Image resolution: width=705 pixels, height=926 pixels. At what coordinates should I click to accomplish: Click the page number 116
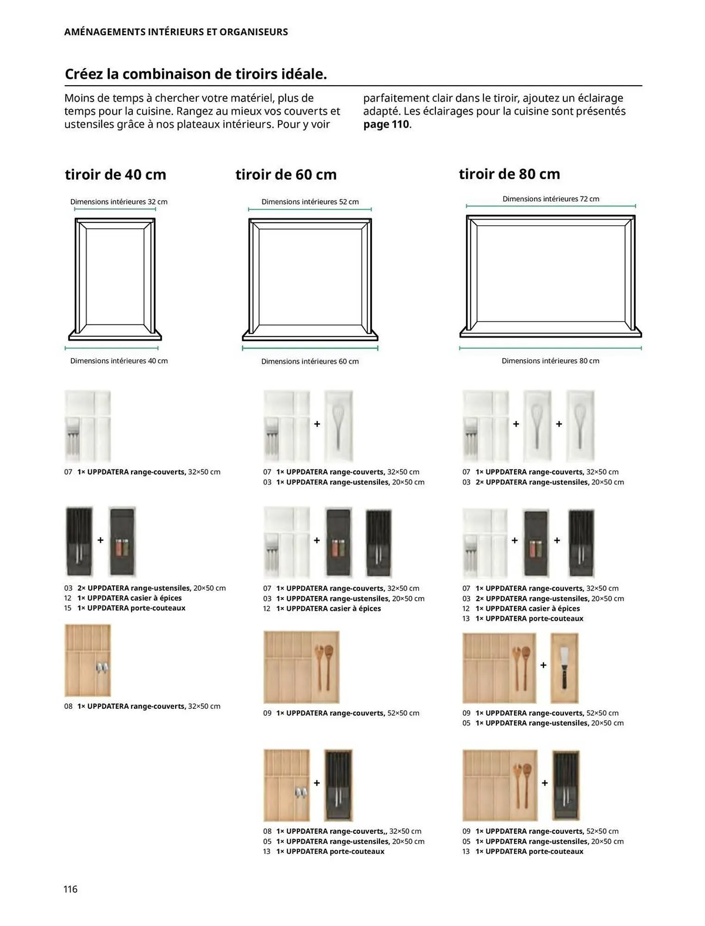tap(70, 888)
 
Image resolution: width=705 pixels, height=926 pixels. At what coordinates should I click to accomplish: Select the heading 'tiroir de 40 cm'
tap(115, 175)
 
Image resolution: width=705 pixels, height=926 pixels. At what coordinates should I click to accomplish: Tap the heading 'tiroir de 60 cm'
tap(286, 175)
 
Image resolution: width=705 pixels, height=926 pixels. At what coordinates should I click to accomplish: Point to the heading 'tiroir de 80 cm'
tap(509, 174)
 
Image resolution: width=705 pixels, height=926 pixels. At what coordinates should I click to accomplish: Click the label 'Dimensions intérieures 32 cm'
tap(119, 202)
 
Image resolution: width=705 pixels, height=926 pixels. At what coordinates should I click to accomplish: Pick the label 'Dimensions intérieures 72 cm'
tap(550, 199)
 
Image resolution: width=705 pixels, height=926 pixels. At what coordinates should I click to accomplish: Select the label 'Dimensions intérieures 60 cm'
tap(309, 361)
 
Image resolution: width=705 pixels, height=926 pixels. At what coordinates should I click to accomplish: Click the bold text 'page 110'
tap(386, 124)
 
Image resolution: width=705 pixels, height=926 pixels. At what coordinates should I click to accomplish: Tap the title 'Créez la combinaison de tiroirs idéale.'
tap(195, 74)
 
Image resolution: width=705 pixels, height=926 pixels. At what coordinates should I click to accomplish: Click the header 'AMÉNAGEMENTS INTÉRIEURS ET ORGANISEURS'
tap(176, 32)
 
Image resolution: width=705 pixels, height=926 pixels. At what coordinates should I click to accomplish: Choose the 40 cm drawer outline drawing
tap(115, 278)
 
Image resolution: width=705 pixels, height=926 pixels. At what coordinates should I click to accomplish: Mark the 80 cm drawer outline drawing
tap(550, 276)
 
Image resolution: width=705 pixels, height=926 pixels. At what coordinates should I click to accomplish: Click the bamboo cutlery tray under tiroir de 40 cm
tap(88, 660)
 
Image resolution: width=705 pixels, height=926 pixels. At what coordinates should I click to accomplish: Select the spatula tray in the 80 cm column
tap(564, 668)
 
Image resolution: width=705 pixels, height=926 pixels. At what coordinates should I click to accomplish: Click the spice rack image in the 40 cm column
tap(122, 541)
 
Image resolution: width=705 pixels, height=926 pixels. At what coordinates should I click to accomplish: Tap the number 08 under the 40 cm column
tap(68, 706)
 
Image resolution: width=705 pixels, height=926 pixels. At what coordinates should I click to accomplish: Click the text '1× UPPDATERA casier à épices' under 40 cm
tap(129, 598)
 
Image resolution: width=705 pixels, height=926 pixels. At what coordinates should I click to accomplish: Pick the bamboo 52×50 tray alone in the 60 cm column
tap(301, 667)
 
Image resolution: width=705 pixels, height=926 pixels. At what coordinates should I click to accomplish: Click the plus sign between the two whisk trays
tap(559, 424)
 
